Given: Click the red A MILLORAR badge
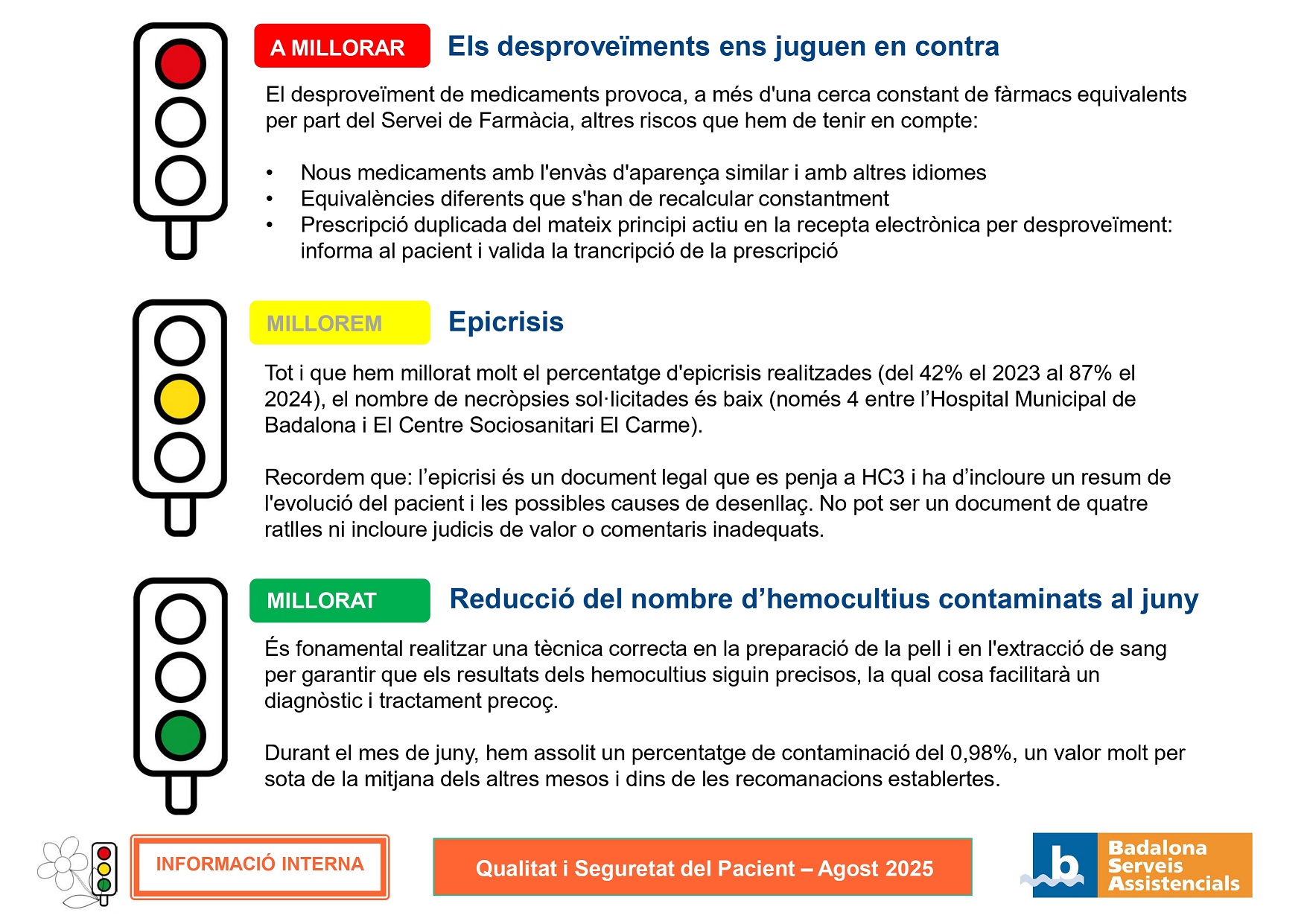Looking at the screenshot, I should point(342,46).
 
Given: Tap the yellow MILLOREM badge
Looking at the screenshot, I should point(340,323).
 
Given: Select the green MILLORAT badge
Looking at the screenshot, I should point(340,600).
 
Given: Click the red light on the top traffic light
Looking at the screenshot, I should point(180,63).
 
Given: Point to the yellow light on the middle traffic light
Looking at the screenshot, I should point(179,399).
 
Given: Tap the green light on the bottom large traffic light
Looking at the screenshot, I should point(180,735).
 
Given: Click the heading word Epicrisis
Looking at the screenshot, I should point(506,322).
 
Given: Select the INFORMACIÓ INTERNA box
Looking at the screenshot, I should point(260,866).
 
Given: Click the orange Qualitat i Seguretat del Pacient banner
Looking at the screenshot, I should point(703,867).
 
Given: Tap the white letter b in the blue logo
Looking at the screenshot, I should point(1065,864).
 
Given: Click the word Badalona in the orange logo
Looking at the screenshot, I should point(1157,848).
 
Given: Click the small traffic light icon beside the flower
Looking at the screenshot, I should point(104,870).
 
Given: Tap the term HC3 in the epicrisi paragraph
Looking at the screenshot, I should point(883,477).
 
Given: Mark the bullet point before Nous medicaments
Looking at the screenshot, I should point(270,173).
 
